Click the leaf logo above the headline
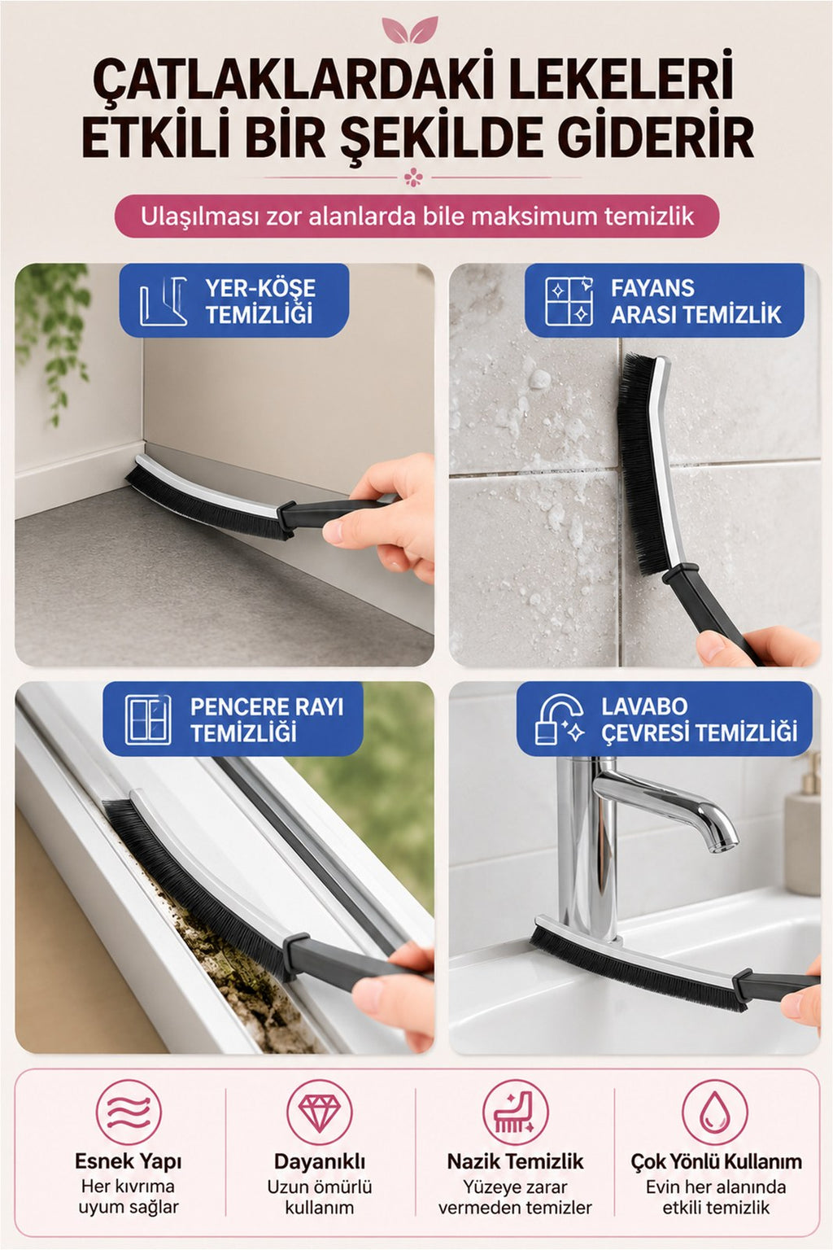tap(410, 29)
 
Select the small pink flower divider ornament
tap(413, 178)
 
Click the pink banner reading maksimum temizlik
tap(416, 216)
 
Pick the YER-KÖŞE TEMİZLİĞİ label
tap(260, 301)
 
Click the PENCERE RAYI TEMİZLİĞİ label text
tap(267, 719)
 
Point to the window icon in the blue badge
tap(148, 720)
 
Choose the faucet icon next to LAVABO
tap(560, 719)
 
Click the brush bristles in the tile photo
tap(639, 463)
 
